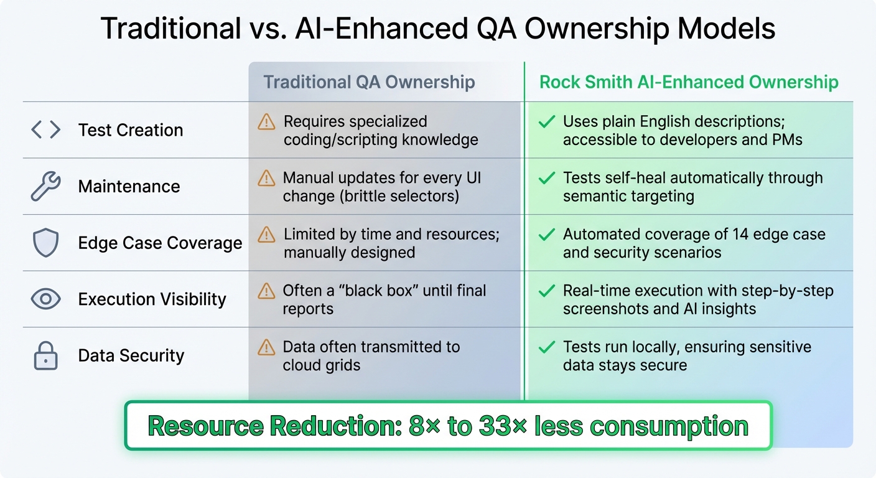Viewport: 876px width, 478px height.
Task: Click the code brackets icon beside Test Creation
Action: click(x=45, y=130)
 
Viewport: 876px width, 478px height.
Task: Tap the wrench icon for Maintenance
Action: click(x=45, y=186)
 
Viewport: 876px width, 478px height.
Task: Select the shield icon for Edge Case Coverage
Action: click(x=45, y=243)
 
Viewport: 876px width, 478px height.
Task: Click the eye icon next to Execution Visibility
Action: click(x=45, y=299)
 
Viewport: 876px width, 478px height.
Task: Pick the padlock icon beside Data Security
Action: click(x=45, y=355)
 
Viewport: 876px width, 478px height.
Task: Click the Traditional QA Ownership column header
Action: click(x=369, y=82)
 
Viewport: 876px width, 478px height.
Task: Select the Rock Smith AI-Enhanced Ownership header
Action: click(x=689, y=82)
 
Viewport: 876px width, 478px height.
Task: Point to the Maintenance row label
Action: click(x=129, y=186)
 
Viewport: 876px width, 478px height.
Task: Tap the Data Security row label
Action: click(x=131, y=355)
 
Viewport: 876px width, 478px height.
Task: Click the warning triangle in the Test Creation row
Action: click(x=266, y=122)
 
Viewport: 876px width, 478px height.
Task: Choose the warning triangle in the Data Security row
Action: click(x=266, y=347)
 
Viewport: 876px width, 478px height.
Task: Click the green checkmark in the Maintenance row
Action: click(x=547, y=179)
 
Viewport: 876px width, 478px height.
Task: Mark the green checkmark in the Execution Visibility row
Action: click(x=547, y=291)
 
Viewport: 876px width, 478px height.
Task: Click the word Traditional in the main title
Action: click(x=170, y=28)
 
